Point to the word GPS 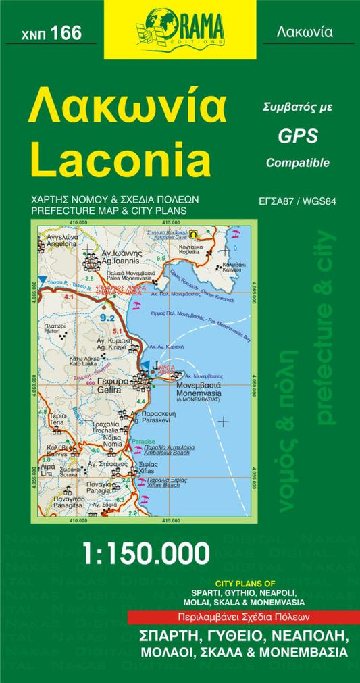[298, 136]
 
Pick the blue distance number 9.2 [107, 317]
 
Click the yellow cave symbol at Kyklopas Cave [195, 234]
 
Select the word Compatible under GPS [297, 163]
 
